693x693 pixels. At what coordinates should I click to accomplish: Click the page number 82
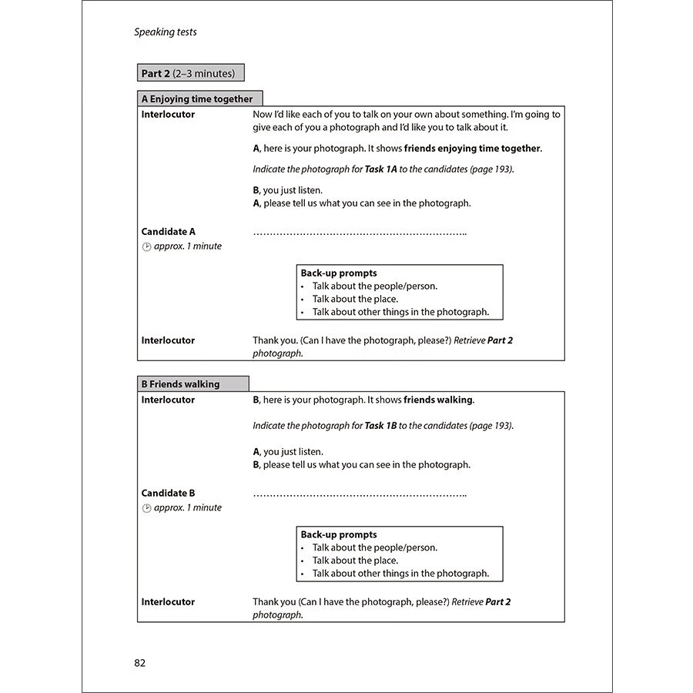tap(139, 662)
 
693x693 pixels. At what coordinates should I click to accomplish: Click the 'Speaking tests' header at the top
tap(166, 32)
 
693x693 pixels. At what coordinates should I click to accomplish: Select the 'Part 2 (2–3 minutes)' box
tap(190, 74)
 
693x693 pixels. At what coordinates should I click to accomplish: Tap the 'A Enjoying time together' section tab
tap(199, 99)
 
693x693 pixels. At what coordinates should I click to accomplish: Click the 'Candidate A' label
tap(169, 231)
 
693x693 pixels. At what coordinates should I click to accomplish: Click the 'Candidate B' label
tap(169, 493)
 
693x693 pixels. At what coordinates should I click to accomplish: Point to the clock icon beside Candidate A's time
tap(146, 246)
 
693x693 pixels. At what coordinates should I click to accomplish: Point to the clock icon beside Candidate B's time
tap(146, 508)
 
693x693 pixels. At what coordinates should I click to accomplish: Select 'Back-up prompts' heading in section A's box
tap(339, 273)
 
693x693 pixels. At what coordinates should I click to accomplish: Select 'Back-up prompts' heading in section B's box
tap(339, 534)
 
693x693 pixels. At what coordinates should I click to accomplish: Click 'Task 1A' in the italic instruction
tap(380, 169)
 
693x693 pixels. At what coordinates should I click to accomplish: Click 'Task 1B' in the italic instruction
tap(380, 425)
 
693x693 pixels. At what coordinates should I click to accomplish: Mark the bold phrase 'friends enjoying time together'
tap(472, 149)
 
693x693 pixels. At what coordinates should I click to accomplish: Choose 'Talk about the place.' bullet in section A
tap(355, 299)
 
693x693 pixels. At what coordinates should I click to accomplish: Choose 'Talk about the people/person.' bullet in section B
tap(374, 547)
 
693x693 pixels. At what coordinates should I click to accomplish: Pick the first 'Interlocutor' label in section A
tap(168, 115)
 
